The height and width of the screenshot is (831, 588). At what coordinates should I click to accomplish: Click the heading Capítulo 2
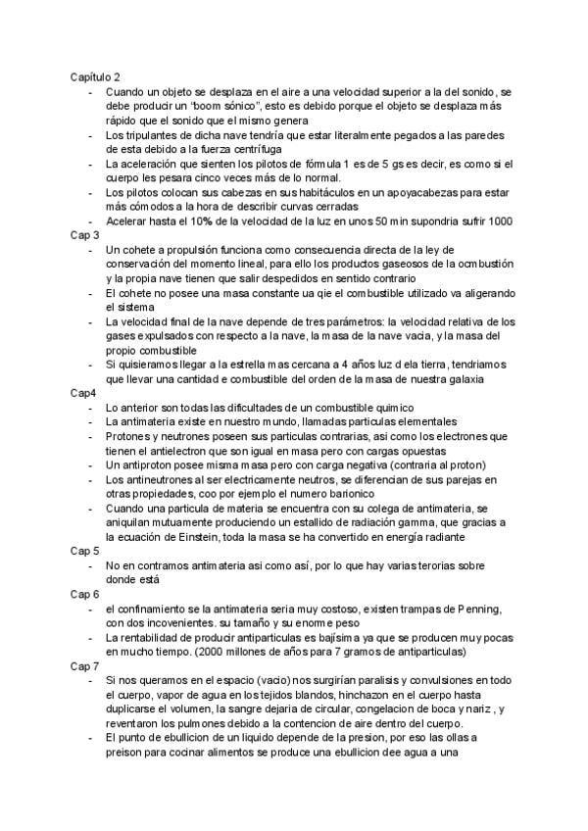pyautogui.click(x=95, y=75)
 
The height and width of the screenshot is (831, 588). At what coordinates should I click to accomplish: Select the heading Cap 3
pyautogui.click(x=84, y=235)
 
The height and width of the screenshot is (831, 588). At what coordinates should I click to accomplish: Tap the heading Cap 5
pyautogui.click(x=84, y=552)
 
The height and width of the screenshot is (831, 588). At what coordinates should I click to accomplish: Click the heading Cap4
pyautogui.click(x=82, y=392)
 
